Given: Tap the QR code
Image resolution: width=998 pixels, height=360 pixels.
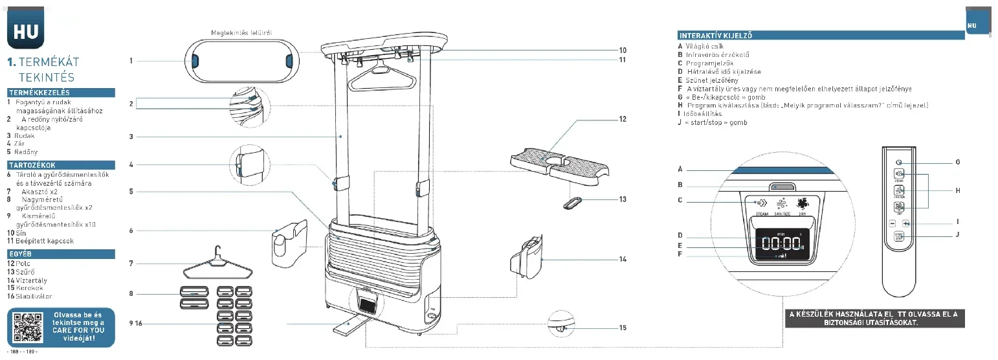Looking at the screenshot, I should pos(27,328).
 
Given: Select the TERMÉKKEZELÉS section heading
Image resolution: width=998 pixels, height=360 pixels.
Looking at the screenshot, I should pos(39,93).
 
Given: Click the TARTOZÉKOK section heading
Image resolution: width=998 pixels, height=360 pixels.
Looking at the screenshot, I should pos(32,166).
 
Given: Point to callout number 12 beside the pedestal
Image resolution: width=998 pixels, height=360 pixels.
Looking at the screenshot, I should pos(623,119).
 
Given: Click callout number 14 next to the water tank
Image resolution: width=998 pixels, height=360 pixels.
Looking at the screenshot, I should pos(623,259).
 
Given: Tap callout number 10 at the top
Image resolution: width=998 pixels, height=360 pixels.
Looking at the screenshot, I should pos(623,50).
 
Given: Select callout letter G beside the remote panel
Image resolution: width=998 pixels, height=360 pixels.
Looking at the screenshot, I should pos(957,162).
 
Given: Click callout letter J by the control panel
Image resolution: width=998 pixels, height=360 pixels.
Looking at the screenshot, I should pos(957,234).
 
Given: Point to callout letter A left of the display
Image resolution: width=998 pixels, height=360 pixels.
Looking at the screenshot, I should pos(680,169).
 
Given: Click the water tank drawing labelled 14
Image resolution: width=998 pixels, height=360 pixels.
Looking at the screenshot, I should pos(528,258).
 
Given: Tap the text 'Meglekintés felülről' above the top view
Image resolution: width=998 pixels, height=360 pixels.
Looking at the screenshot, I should pos(241,32).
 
